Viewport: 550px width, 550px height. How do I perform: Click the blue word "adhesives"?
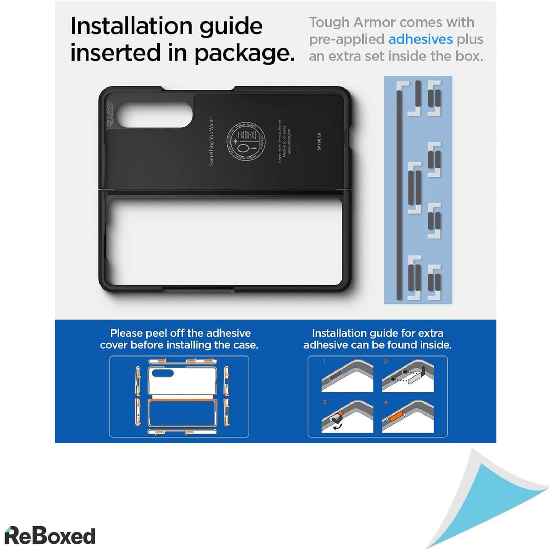click(x=420, y=39)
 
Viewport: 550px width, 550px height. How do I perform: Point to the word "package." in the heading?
click(x=244, y=53)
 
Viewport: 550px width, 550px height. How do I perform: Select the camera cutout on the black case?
click(x=154, y=114)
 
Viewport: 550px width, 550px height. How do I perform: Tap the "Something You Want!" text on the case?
click(x=211, y=141)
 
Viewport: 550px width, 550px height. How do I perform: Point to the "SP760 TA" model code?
click(x=319, y=141)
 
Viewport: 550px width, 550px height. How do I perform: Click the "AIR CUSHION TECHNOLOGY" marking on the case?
click(x=110, y=114)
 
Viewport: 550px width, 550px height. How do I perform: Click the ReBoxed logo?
click(x=50, y=536)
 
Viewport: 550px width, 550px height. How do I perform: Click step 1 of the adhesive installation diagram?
click(x=347, y=376)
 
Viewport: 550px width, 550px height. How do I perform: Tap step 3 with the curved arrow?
click(x=347, y=417)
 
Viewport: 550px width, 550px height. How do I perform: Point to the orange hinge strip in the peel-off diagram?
click(x=182, y=401)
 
